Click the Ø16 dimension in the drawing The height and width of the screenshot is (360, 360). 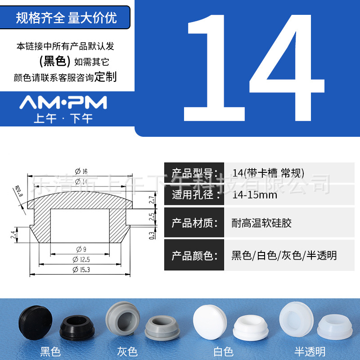tap(81, 171)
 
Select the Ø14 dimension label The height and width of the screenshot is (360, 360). tap(81, 181)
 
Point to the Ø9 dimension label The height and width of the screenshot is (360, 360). tap(81, 249)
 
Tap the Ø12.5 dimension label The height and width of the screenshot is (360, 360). tap(81, 259)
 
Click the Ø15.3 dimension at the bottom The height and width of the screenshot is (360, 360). tap(81, 270)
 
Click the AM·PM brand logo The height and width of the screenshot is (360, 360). tap(63, 103)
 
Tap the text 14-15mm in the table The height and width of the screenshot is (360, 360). tap(255, 195)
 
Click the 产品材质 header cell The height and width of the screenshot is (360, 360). tap(194, 223)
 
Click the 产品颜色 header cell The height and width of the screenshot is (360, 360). tap(194, 256)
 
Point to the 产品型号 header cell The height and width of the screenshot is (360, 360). tap(194, 173)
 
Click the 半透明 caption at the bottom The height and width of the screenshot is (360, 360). tap(310, 351)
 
